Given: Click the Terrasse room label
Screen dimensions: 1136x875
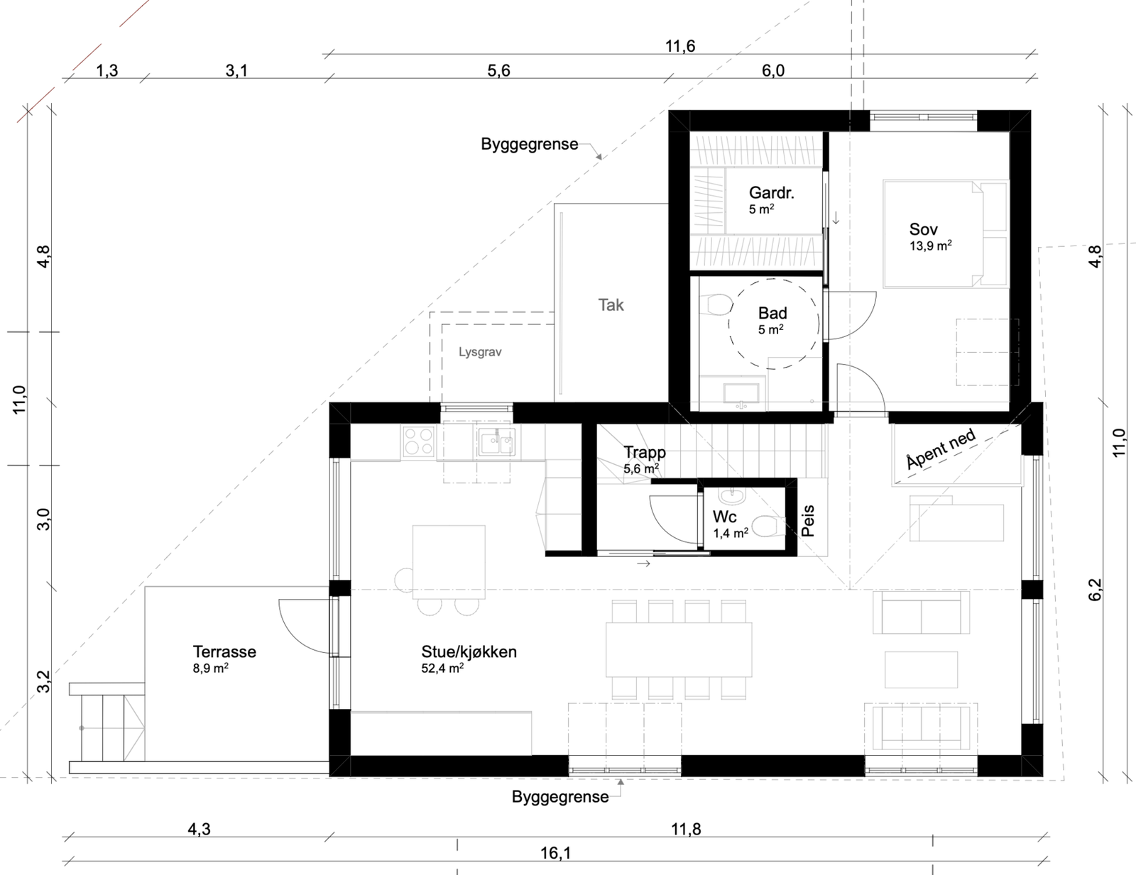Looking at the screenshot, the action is (224, 652).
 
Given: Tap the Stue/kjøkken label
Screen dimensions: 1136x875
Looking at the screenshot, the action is (469, 652).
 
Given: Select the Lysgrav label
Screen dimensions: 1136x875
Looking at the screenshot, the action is (480, 352).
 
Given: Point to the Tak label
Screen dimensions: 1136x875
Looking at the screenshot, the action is (611, 305).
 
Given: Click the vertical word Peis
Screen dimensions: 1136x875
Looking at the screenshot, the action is (808, 521).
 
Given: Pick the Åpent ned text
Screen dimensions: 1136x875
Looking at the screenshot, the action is (941, 448).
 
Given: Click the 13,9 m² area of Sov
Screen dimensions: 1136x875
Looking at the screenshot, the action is (931, 245).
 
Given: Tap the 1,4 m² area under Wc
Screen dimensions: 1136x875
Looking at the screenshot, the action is (731, 533).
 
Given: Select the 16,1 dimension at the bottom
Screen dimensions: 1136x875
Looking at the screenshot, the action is (556, 853).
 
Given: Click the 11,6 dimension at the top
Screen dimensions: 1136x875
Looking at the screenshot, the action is (680, 47).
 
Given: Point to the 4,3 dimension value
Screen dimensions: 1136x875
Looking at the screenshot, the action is (200, 829).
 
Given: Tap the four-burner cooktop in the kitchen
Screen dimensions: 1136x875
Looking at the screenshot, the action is (419, 441).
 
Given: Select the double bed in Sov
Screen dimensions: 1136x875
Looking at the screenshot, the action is (946, 233).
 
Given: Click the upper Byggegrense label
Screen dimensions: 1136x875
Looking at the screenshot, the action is (529, 144).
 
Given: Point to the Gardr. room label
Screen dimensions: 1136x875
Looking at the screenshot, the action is (772, 193).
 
